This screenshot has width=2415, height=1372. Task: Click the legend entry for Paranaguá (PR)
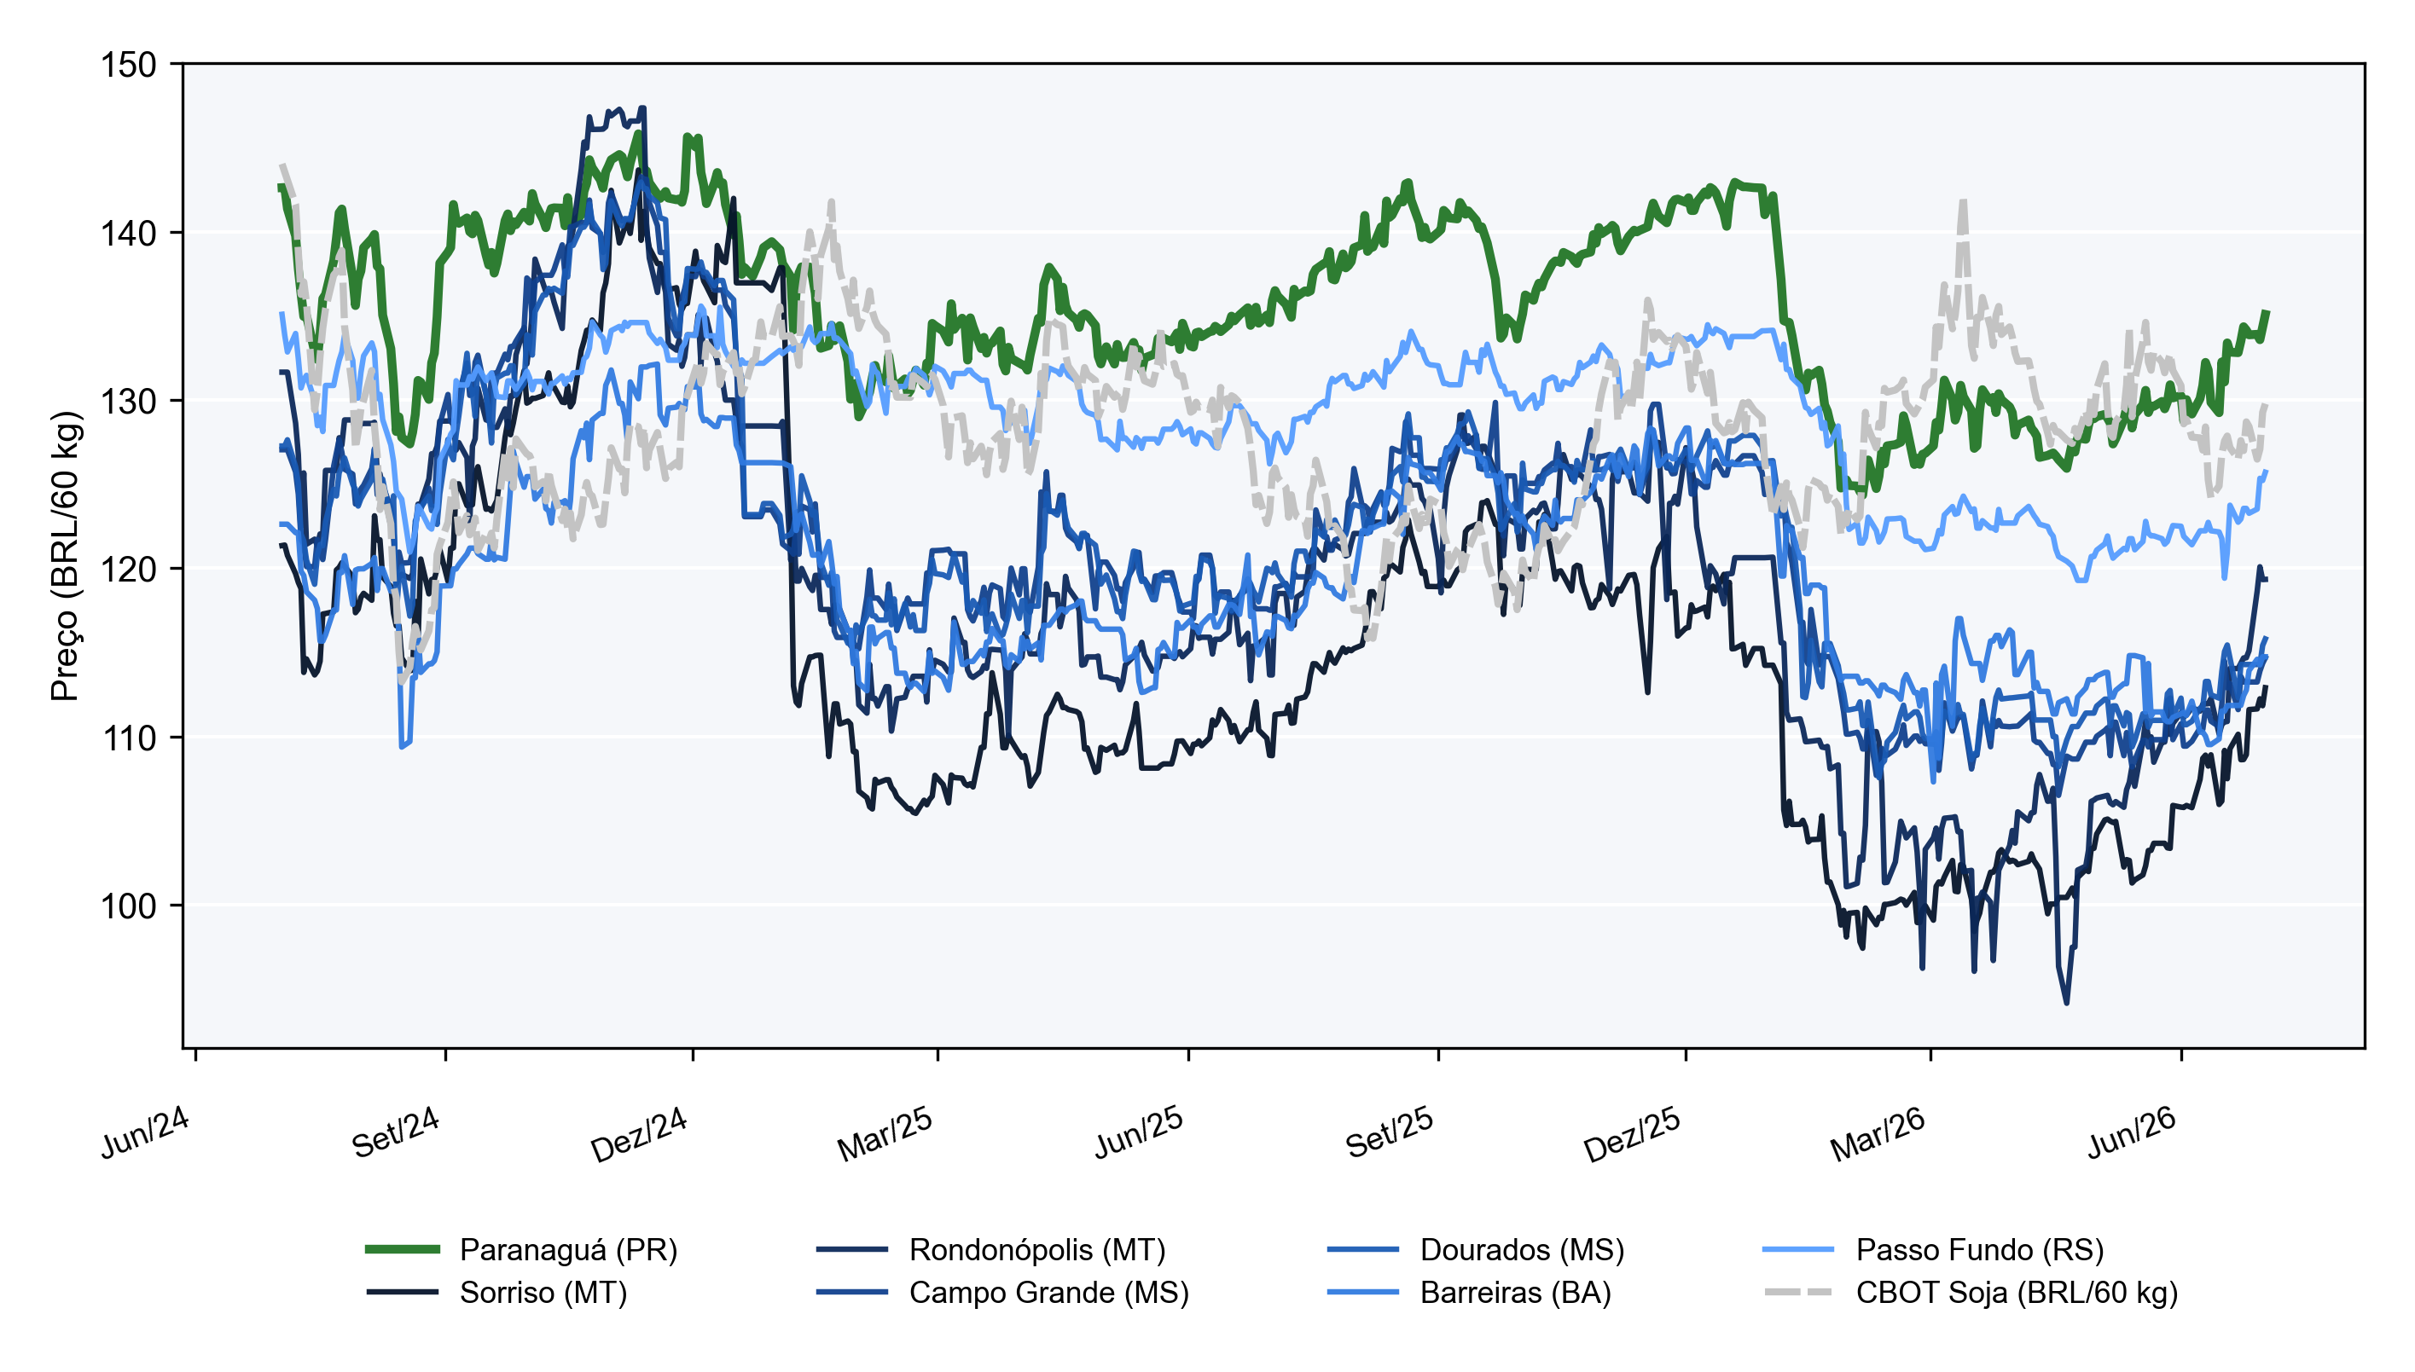(521, 1249)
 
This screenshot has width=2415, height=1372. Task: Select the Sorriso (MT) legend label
(496, 1292)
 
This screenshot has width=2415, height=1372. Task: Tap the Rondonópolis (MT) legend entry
(990, 1249)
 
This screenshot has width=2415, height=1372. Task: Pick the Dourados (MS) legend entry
(1475, 1249)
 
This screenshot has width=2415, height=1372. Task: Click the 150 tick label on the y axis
(128, 65)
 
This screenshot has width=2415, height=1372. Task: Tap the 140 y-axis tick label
(128, 233)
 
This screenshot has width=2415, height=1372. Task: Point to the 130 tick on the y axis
(128, 402)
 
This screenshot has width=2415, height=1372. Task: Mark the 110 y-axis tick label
(128, 738)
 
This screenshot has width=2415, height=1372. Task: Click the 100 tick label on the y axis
(128, 906)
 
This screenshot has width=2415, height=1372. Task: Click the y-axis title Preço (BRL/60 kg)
(65, 556)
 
